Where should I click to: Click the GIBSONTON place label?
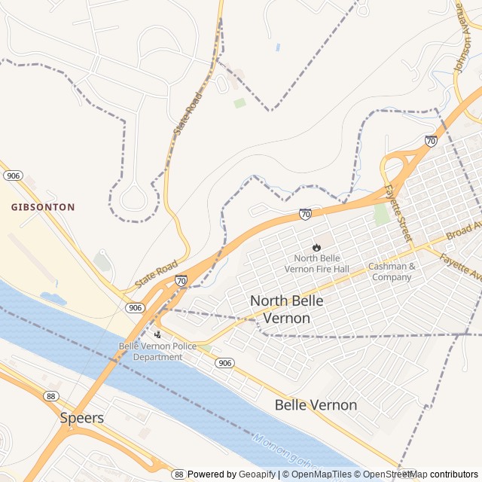click(x=43, y=206)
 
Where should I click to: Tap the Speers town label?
click(x=81, y=417)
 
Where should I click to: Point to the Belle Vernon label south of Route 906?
click(x=316, y=405)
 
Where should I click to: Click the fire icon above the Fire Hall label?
click(x=316, y=246)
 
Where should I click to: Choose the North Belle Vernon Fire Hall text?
click(x=316, y=264)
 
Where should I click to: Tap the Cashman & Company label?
click(x=391, y=272)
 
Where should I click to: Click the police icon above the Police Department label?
click(x=157, y=334)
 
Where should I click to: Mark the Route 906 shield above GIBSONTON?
click(x=13, y=175)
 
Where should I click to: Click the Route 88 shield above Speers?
click(x=51, y=396)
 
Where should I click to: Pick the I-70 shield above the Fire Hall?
click(x=305, y=215)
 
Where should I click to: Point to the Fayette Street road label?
click(x=398, y=214)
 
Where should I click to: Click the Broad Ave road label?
click(x=462, y=230)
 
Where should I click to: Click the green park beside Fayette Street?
click(x=383, y=214)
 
